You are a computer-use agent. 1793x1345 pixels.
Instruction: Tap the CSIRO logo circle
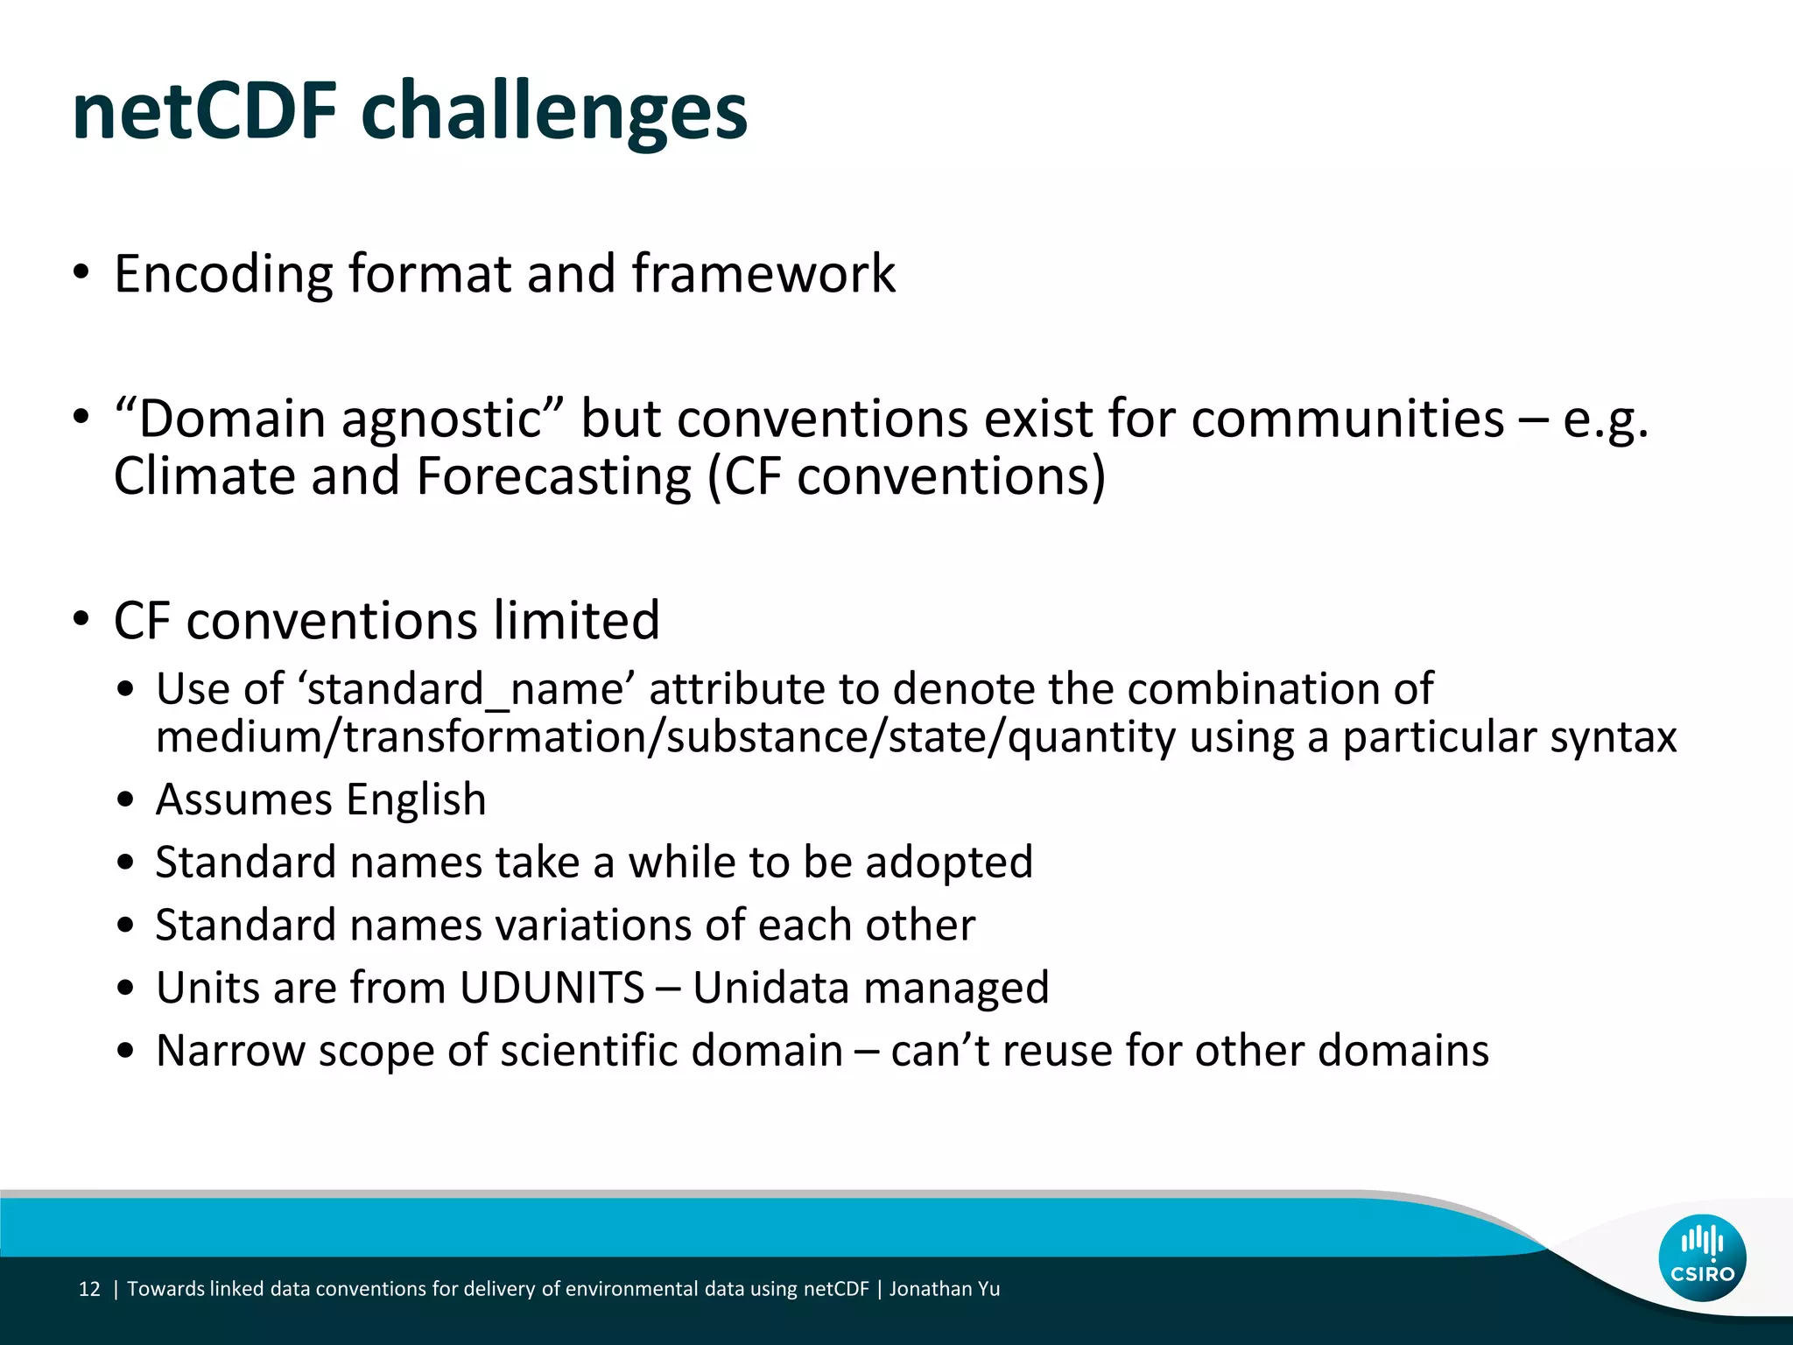[x=1702, y=1258]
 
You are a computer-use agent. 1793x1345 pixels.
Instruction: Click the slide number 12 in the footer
[x=89, y=1289]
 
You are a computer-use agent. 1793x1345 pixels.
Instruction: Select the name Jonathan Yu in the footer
[x=945, y=1289]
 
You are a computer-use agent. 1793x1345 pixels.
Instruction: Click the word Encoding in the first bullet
[x=223, y=275]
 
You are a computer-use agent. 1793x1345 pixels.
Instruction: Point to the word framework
[x=763, y=273]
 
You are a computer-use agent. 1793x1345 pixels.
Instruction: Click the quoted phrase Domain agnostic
[x=341, y=419]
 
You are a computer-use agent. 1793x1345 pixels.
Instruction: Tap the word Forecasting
[x=553, y=476]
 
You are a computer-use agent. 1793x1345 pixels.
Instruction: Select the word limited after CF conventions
[x=576, y=621]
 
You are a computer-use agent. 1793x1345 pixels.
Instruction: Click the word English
[x=416, y=799]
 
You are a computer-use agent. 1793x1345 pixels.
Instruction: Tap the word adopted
[x=949, y=863]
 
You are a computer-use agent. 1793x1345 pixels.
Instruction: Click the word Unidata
[x=770, y=988]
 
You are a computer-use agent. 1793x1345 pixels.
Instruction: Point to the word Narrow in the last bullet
[x=229, y=1051]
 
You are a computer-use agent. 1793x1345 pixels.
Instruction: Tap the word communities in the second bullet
[x=1347, y=419]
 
